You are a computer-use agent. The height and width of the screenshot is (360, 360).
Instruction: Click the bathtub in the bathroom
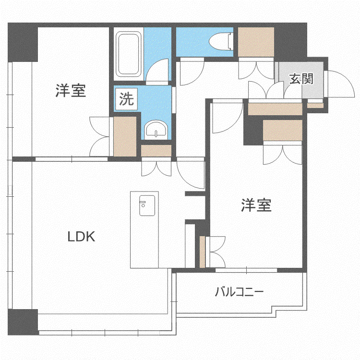point(128,54)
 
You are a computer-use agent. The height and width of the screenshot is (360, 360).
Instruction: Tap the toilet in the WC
point(221,41)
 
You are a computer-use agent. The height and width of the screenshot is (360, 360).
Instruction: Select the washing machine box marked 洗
point(126,99)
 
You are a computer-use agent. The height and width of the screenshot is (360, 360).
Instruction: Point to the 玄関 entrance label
point(301,79)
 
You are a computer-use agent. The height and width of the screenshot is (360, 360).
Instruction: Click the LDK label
point(81,237)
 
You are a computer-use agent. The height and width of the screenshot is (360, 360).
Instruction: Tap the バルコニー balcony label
point(239,291)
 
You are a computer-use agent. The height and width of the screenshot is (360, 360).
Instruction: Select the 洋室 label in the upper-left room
point(71,91)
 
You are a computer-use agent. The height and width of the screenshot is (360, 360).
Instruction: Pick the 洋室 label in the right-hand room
point(256,205)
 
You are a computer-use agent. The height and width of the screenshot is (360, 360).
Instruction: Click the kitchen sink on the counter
point(147,205)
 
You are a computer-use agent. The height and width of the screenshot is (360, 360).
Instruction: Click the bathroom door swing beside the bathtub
point(157,70)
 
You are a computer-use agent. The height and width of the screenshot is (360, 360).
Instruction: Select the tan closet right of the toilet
point(256,42)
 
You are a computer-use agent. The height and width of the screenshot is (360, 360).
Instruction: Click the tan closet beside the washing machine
point(125,137)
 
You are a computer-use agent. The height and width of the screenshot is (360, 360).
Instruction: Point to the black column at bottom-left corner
point(23,322)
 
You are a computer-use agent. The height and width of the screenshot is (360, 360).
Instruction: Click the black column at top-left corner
point(23,42)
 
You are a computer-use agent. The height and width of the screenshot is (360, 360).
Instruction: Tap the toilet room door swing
point(192,72)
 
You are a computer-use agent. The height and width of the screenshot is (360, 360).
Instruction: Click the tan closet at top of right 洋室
point(282,130)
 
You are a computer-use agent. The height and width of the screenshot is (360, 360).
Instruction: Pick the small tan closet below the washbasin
point(156,151)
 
